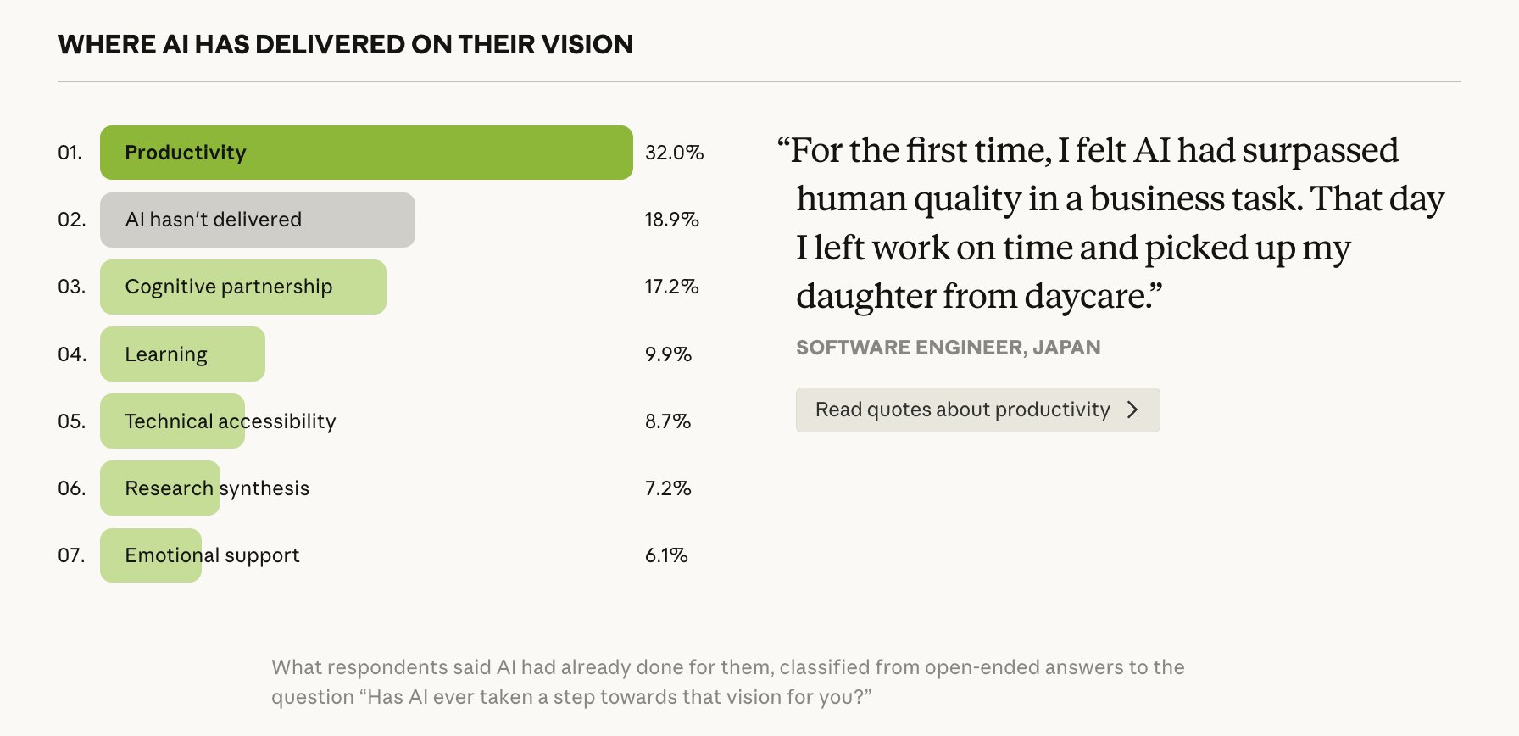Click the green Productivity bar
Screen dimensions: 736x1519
(x=366, y=153)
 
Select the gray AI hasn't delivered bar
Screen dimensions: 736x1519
(x=258, y=220)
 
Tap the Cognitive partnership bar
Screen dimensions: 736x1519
(x=243, y=287)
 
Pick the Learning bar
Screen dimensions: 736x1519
(x=182, y=354)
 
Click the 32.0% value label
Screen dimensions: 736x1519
(x=674, y=153)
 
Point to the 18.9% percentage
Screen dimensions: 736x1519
(x=671, y=220)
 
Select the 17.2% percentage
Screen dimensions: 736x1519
(x=671, y=287)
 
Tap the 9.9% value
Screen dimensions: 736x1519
(x=668, y=354)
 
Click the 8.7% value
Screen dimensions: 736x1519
(x=668, y=421)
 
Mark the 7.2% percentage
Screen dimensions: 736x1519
(x=668, y=488)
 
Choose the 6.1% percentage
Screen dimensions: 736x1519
(x=666, y=555)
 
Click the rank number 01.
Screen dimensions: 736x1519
(x=70, y=153)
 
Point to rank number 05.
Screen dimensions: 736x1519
(x=71, y=421)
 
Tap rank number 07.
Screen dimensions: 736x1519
(x=71, y=555)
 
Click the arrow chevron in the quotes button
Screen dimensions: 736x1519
(x=1132, y=410)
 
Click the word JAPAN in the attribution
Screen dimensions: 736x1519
(x=1066, y=348)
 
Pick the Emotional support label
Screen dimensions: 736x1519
(x=212, y=555)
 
